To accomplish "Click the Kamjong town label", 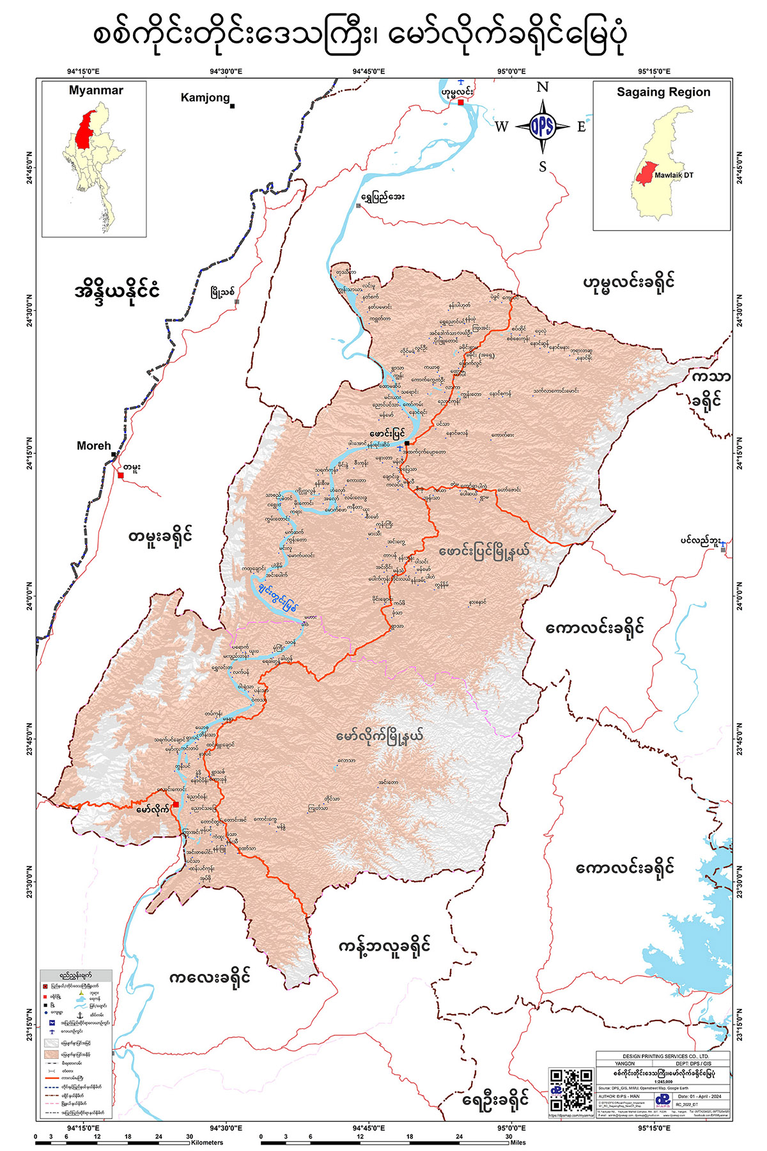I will pos(205,98).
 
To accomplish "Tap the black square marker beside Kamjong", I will pos(233,106).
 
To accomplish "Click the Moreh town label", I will pos(93,446).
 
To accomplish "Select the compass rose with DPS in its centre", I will pos(542,126).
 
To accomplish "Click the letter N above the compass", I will pos(542,88).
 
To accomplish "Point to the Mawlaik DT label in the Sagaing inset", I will pos(674,175).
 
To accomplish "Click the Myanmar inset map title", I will pos(96,91).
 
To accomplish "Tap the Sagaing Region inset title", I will pos(663,92).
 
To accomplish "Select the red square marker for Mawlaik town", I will pos(175,804).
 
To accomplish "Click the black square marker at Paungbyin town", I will pos(407,442).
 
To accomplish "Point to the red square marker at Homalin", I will pos(461,102).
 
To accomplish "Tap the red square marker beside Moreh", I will pos(120,475).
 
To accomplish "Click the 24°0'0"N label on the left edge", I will pos(29,597).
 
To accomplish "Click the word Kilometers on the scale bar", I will pos(206,1143).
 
